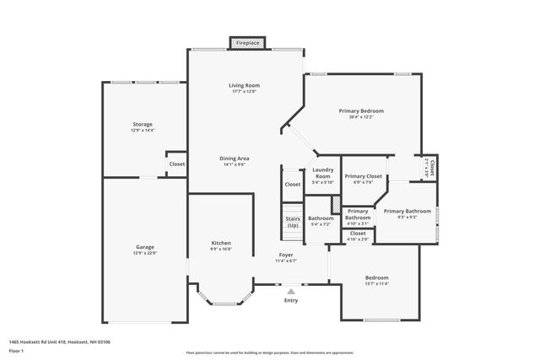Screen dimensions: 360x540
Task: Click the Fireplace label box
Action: click(x=248, y=42)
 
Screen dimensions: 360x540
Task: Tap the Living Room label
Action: click(x=244, y=86)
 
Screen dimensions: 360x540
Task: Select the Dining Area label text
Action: click(x=235, y=159)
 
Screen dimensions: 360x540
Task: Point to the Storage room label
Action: click(x=142, y=125)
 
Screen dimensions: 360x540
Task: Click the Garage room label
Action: click(x=144, y=247)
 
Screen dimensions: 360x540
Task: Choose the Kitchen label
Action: click(x=221, y=244)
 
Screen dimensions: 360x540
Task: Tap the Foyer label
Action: click(x=287, y=255)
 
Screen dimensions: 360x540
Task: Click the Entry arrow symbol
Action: click(x=291, y=291)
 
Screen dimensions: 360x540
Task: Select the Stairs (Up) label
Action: click(x=293, y=223)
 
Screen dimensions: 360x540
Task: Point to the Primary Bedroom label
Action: click(x=361, y=111)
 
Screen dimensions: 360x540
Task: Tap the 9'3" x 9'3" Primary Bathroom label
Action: click(x=408, y=211)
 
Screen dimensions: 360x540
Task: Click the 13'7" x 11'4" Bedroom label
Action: click(x=376, y=277)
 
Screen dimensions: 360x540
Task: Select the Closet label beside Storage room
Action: click(x=177, y=164)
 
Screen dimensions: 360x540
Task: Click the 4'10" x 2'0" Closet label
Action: click(x=358, y=233)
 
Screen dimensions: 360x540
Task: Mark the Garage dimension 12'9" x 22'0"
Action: click(x=144, y=253)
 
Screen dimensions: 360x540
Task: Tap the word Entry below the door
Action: click(x=291, y=300)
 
